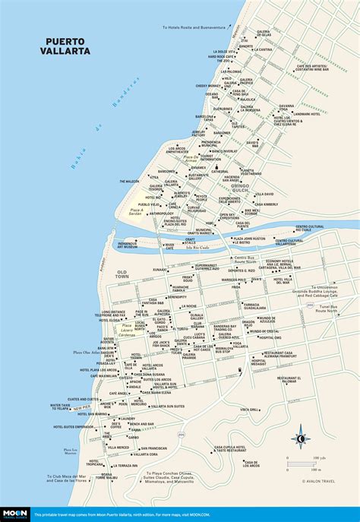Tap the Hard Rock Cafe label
click(x=223, y=56)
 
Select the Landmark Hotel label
click(x=308, y=114)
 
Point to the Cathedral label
click(x=221, y=172)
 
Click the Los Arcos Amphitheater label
click(x=177, y=150)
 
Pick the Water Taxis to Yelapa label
click(x=61, y=407)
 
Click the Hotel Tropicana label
click(x=65, y=461)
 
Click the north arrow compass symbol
click(x=300, y=438)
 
